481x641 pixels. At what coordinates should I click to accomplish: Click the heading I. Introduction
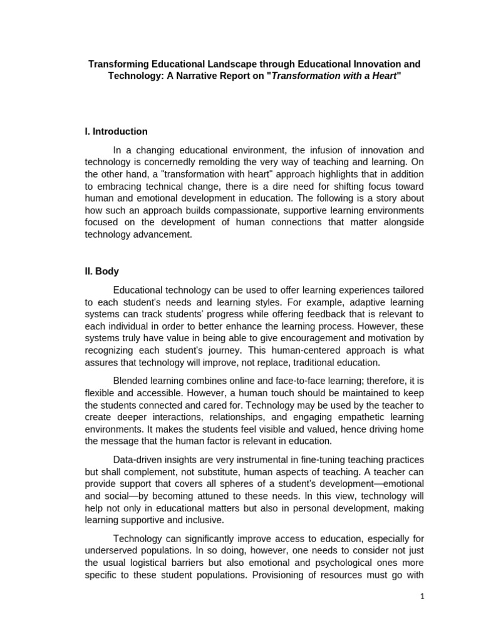click(x=116, y=131)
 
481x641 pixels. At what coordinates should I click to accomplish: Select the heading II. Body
click(x=101, y=272)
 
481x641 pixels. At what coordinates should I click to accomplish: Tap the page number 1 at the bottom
click(x=422, y=597)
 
